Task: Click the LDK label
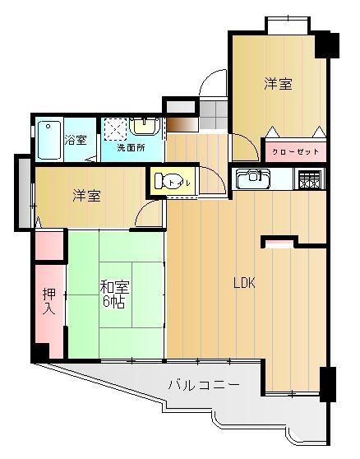244,284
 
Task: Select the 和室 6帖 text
113,294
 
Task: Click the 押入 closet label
48,303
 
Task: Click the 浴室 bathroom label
76,140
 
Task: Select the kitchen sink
251,177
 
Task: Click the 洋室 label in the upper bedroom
278,84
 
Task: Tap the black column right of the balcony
328,383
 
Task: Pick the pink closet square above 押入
49,244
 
